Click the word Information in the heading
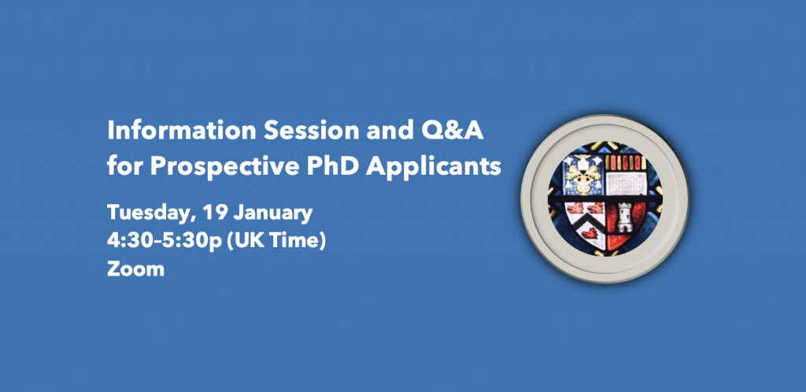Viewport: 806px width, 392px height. pyautogui.click(x=181, y=131)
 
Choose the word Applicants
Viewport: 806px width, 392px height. pyautogui.click(x=434, y=166)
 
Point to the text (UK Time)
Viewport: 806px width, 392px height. pyautogui.click(x=276, y=241)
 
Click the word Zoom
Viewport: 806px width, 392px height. pyautogui.click(x=135, y=268)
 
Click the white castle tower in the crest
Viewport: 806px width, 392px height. pyautogui.click(x=624, y=217)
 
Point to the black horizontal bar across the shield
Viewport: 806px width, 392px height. pyautogui.click(x=605, y=198)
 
